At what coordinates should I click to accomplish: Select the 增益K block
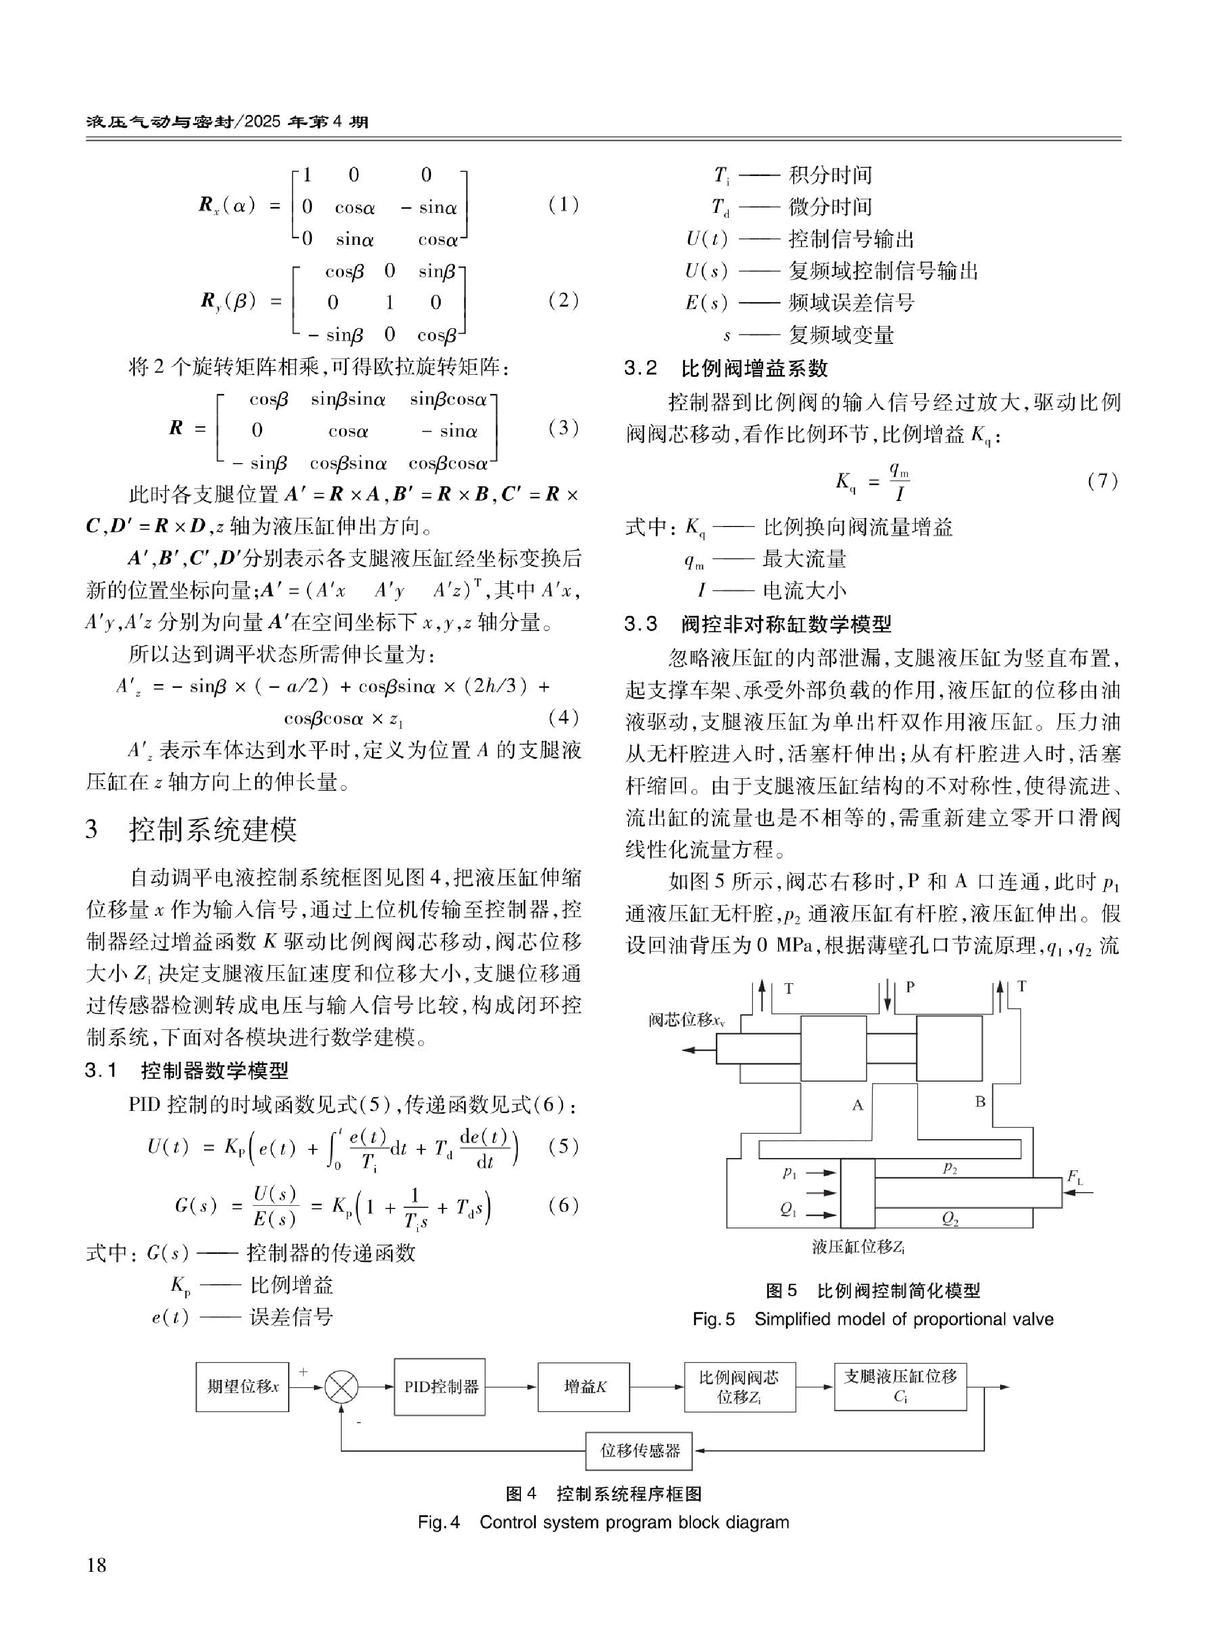coord(584,1386)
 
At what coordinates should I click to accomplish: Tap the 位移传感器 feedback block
coord(639,1451)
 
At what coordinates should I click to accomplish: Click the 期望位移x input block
coord(242,1386)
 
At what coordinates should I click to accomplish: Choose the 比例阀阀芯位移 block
coord(739,1386)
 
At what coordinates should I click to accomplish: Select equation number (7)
coord(1102,480)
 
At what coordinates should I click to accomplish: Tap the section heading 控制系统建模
coord(213,829)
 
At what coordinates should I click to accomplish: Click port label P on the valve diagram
coord(910,987)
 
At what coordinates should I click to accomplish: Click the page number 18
coord(96,1564)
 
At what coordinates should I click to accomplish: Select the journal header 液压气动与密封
coord(157,122)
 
